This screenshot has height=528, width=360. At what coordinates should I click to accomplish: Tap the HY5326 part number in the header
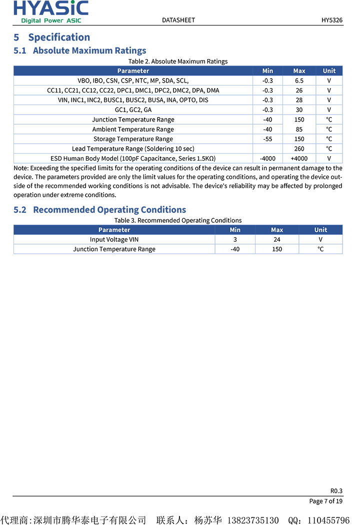[332, 20]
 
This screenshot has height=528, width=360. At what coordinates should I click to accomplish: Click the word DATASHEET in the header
[178, 20]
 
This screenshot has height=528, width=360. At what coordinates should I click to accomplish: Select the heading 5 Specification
[52, 37]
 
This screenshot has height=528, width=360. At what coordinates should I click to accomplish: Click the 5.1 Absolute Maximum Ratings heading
[80, 51]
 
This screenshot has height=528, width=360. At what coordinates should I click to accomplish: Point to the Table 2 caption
[178, 61]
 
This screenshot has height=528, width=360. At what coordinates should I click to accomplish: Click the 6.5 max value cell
[299, 81]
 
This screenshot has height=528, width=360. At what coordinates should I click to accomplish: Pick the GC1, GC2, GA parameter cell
[133, 110]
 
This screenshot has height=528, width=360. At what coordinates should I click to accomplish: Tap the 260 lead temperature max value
[299, 149]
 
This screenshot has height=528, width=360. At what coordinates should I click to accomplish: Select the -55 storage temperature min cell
[267, 139]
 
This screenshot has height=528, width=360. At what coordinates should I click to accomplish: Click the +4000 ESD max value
[299, 159]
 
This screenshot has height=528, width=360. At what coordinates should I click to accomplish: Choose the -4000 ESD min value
[267, 159]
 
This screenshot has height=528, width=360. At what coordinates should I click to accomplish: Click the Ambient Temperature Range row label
[133, 129]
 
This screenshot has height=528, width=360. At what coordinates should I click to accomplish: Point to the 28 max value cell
[299, 100]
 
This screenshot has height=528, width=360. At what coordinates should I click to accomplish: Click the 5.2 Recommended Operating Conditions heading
[100, 210]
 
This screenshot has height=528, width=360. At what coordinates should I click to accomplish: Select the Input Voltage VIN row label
[114, 239]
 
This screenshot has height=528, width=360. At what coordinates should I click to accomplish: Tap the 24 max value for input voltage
[277, 239]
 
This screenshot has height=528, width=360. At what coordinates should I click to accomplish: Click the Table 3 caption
[178, 220]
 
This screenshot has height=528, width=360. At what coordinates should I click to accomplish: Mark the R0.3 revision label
[336, 491]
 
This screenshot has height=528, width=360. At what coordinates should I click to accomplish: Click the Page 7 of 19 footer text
[326, 501]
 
